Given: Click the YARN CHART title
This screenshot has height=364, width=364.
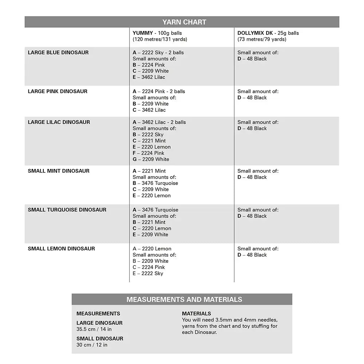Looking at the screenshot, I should tap(184, 22).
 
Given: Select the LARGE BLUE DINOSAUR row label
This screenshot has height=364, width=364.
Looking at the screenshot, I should tap(58, 52).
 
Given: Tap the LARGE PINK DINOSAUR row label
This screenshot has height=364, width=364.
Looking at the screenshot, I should tap(58, 91).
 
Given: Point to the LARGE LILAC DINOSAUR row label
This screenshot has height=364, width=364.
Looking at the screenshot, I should tap(59, 122).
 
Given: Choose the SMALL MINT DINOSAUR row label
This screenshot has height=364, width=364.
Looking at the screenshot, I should tap(59, 171).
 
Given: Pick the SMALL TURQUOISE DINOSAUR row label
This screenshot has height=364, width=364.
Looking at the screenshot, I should tap(67, 210).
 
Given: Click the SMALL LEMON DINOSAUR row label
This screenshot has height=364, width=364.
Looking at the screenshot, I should tap(61, 249).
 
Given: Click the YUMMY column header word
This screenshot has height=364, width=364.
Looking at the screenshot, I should tap(143, 33).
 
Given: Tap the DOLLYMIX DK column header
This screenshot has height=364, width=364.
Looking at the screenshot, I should tap(255, 33).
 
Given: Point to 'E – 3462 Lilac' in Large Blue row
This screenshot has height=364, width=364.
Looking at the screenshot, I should tap(149, 77).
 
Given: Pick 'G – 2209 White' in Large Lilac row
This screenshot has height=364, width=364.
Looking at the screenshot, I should tap(151, 159).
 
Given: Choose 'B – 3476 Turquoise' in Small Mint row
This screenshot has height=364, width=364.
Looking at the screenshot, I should tap(155, 183).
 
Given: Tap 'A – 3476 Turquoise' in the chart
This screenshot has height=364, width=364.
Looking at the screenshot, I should tap(155, 210).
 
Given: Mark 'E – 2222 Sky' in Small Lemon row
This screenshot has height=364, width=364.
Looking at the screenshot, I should tap(148, 273).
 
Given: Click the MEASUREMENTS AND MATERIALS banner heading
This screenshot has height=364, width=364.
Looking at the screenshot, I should tap(184, 300).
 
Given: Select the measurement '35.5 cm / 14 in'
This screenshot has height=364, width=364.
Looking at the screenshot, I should tap(94, 329).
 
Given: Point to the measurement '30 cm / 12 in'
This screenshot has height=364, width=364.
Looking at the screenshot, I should tap(92, 345).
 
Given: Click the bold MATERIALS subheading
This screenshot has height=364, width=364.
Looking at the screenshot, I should tap(196, 313).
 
